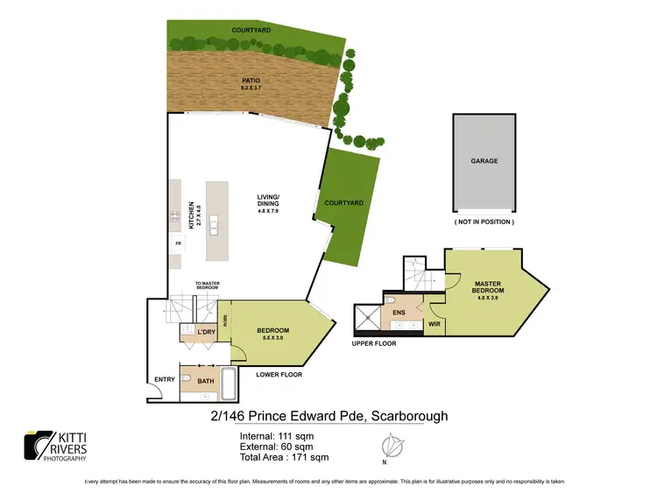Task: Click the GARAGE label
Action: click(x=484, y=161)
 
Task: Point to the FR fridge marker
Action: click(x=178, y=243)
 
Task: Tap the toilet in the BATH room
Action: click(x=187, y=379)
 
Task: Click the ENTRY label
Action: click(x=164, y=379)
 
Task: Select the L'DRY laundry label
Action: click(x=207, y=333)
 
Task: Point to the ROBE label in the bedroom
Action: click(x=226, y=320)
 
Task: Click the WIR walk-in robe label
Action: click(x=433, y=324)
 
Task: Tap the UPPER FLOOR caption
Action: click(x=374, y=343)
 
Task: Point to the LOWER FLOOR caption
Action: click(x=279, y=375)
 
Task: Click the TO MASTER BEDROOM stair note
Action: click(x=207, y=285)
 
